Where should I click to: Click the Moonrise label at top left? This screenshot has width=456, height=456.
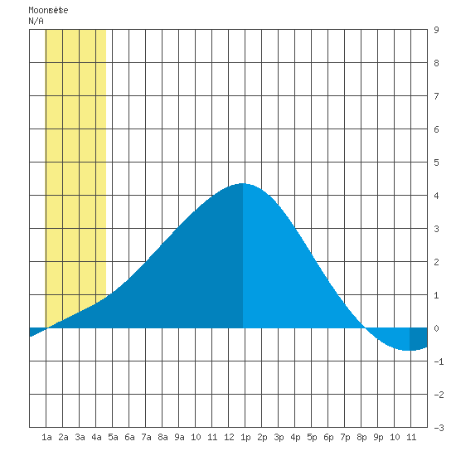pos(48,10)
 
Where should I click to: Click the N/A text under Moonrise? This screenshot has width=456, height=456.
pos(36,21)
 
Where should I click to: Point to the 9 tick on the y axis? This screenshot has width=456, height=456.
pos(436,30)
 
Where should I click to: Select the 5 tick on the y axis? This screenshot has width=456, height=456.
pos(436,163)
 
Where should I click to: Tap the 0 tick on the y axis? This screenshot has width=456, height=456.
pos(436,328)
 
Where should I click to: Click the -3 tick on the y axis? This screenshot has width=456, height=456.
pos(439,428)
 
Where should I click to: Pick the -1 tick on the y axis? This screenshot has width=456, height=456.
pos(439,361)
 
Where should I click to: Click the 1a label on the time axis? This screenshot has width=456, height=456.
pos(46,437)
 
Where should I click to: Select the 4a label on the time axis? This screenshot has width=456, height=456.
pos(96,437)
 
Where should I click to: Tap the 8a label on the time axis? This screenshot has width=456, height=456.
pos(163,437)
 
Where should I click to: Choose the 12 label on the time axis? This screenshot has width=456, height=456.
pos(229,437)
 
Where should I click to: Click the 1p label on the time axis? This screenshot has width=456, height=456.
pos(245,437)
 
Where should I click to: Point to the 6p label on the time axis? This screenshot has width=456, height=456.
pos(328,437)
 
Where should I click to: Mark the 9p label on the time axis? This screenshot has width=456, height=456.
pos(378,437)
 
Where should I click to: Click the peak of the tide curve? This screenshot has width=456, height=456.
pos(243,183)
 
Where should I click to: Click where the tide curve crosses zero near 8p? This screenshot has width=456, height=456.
pos(364,327)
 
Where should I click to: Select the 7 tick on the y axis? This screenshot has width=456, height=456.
pos(436,96)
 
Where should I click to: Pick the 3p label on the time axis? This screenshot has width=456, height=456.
pos(279,437)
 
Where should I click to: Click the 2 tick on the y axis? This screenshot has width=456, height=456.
pos(436,262)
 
